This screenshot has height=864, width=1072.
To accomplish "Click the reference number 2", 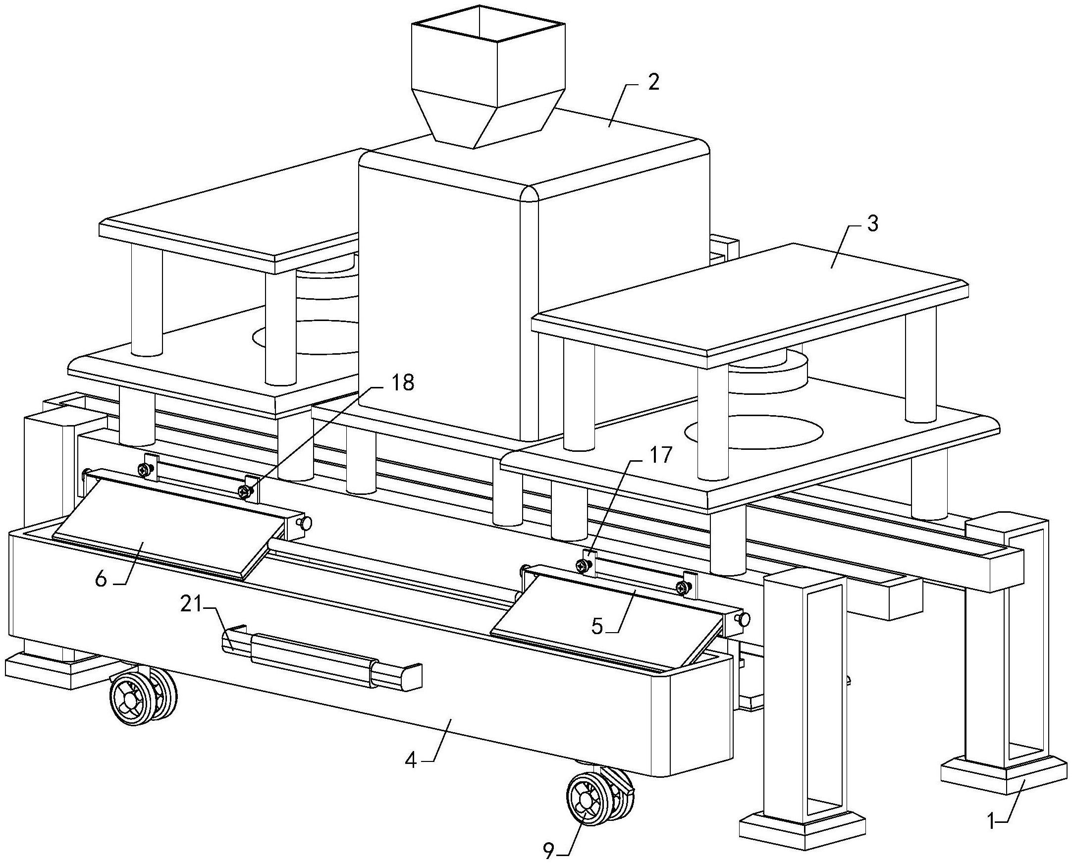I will pos(653,83).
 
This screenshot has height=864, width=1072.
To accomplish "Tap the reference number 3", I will pos(872,224).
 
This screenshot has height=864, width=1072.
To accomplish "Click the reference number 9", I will pos(548,852).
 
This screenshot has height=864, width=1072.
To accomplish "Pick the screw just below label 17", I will pos(582,564).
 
